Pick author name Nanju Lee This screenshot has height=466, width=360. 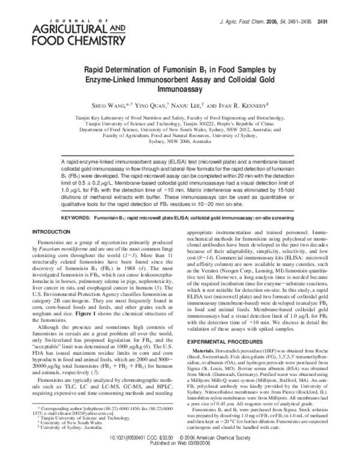coord(200,103)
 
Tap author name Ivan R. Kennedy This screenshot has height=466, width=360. coord(258,103)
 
